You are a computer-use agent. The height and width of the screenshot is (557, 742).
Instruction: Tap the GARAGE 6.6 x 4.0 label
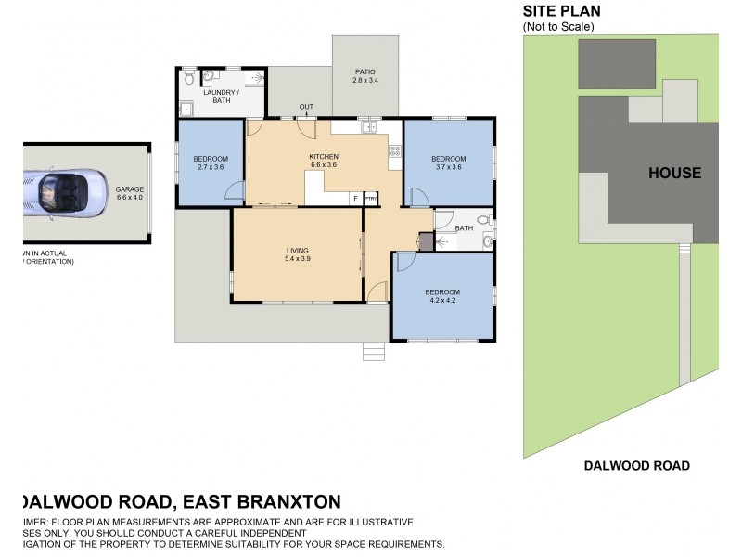click(129, 193)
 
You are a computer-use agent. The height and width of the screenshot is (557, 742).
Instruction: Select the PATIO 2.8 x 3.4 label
click(365, 76)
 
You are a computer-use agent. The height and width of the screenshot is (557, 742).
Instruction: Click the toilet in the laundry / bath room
click(188, 77)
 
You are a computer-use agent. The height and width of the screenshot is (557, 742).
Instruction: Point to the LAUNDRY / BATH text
click(221, 97)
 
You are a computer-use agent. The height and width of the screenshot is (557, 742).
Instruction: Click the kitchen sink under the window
click(369, 127)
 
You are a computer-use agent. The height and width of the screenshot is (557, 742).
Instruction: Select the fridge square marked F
click(353, 199)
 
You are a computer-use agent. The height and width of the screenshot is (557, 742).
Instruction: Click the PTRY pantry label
click(369, 199)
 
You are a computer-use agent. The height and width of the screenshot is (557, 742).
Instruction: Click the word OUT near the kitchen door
click(306, 108)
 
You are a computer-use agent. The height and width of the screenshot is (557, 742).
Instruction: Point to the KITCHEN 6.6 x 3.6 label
click(324, 162)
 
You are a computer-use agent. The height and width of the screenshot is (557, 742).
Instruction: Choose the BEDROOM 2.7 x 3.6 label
click(211, 162)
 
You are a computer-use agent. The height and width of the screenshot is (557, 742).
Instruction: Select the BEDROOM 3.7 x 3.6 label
click(448, 162)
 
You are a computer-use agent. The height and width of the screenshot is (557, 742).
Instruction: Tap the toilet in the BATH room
click(486, 243)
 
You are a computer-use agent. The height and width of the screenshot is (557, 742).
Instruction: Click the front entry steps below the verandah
click(373, 352)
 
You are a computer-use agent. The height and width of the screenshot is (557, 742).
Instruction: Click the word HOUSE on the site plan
click(674, 173)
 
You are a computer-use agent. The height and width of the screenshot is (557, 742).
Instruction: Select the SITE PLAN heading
click(562, 11)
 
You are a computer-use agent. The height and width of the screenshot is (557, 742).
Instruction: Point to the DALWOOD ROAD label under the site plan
click(636, 466)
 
